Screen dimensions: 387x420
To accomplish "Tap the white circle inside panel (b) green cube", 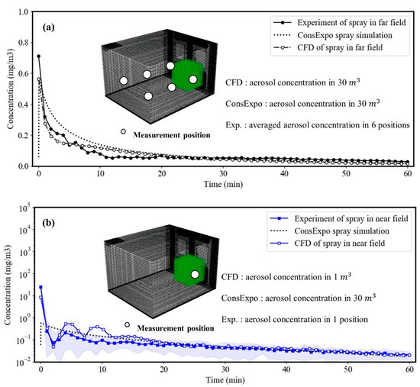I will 195,274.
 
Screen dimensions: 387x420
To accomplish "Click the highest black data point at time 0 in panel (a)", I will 38,56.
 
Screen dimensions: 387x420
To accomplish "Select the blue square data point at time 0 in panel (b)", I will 40,287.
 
